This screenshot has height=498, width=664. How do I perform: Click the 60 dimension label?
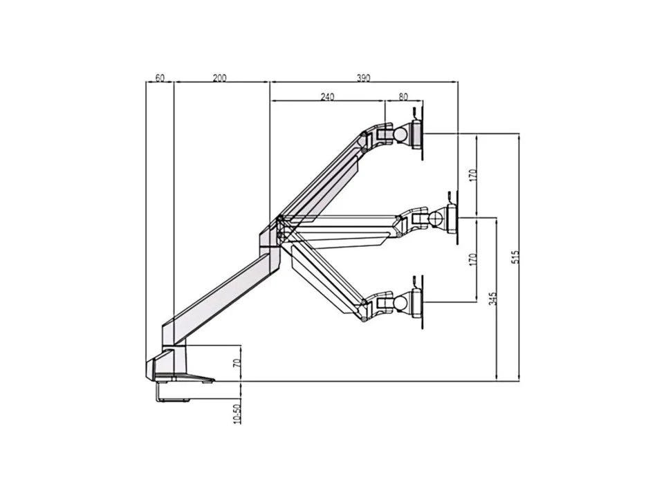click(x=160, y=78)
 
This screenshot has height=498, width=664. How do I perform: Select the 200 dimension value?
click(x=219, y=78)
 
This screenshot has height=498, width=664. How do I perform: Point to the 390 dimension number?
click(x=363, y=78)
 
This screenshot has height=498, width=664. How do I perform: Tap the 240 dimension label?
click(x=327, y=97)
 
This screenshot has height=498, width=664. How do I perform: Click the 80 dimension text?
click(x=403, y=97)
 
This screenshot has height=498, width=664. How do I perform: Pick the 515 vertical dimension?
click(x=515, y=257)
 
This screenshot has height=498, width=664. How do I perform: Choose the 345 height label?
click(x=492, y=299)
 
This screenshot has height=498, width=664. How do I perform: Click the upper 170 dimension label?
click(x=473, y=175)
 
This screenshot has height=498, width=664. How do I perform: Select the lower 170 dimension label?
click(x=473, y=259)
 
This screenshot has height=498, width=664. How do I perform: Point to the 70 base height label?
click(x=237, y=363)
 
